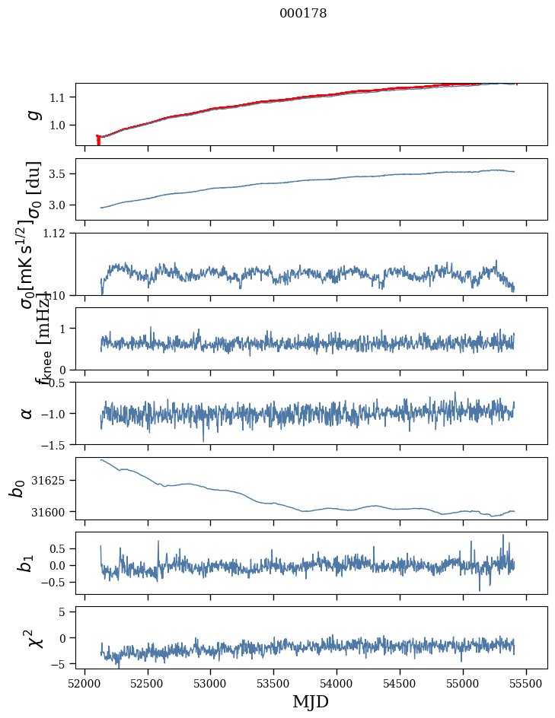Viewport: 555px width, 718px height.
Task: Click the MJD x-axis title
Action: (x=311, y=701)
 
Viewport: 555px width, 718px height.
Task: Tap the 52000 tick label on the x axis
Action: (x=85, y=683)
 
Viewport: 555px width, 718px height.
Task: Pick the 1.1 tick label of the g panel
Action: (x=59, y=97)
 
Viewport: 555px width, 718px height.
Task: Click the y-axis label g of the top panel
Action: (x=33, y=114)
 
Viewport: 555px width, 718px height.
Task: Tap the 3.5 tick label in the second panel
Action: (x=59, y=174)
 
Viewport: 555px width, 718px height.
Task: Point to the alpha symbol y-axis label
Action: (x=27, y=413)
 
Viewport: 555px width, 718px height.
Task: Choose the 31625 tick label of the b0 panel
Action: (x=52, y=481)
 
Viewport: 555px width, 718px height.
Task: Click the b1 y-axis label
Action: (x=27, y=563)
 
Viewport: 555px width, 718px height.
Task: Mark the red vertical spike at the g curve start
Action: (x=98, y=140)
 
